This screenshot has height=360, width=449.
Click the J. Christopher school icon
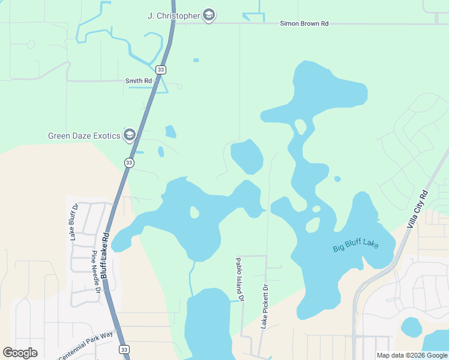click(x=208, y=16)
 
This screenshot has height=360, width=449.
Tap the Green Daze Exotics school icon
click(x=129, y=136)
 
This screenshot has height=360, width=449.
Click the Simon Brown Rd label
click(x=304, y=23)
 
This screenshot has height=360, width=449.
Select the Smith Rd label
click(x=138, y=81)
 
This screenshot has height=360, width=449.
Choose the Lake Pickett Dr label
click(x=264, y=307)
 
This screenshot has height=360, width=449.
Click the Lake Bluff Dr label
click(x=75, y=222)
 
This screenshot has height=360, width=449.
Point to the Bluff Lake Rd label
click(x=104, y=254)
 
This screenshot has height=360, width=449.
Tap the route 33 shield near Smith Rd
click(x=160, y=70)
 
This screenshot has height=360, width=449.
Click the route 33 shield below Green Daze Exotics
click(x=129, y=163)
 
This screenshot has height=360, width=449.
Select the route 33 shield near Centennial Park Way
click(x=124, y=349)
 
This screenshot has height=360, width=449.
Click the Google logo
click(x=20, y=353)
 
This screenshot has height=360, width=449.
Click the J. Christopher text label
click(x=173, y=16)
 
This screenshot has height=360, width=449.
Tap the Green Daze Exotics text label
click(x=84, y=136)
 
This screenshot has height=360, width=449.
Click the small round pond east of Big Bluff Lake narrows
click(x=337, y=179)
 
